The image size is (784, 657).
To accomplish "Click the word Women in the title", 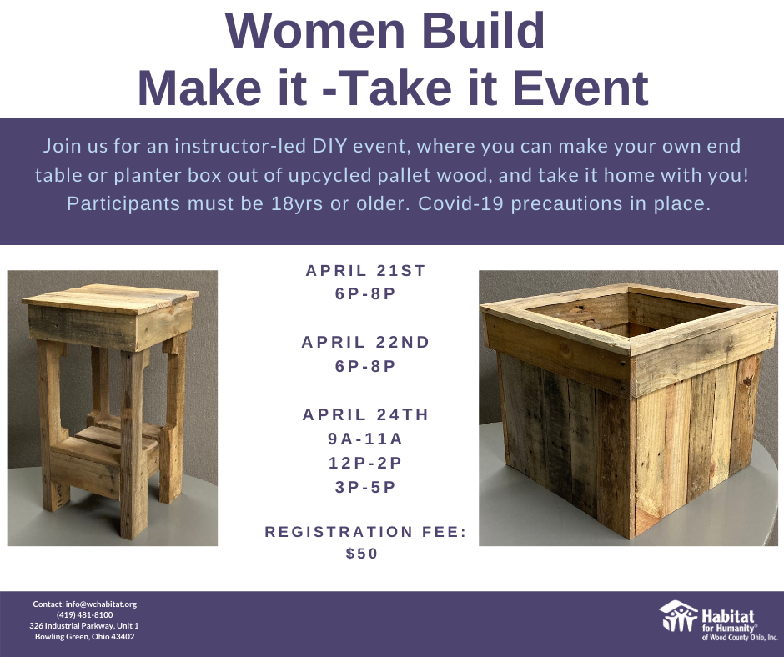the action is coord(315,30).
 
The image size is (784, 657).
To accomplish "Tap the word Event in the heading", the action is coord(581,88).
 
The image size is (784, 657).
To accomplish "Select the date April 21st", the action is coord(365,270).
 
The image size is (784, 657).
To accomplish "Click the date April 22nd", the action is coord(365,342).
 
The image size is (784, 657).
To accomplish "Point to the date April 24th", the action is coord(365,414).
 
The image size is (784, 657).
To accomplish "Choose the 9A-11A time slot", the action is coord(365,439).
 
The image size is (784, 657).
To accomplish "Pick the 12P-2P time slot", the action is coord(365,463).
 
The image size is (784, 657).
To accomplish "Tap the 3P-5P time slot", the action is coord(365,487).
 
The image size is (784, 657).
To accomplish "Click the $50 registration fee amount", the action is coord(362,554).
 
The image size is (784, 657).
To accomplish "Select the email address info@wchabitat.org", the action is coord(101,604).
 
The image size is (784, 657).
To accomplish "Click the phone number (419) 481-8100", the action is coord(84,615).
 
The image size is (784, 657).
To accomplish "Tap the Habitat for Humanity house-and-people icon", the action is coord(678,616).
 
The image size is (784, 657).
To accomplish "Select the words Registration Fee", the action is coord(365,531).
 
